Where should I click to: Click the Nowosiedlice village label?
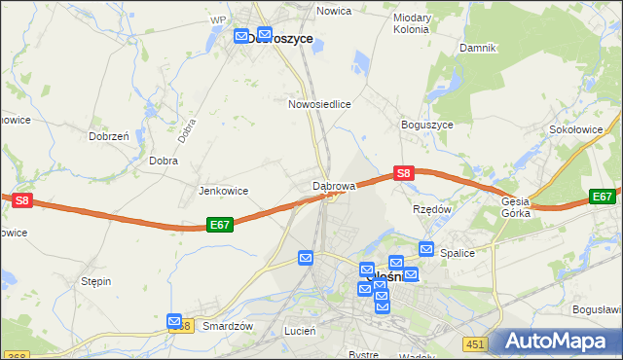[318, 103]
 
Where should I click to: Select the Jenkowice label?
[223, 191]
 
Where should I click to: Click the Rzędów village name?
[433, 208]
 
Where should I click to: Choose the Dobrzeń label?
[109, 137]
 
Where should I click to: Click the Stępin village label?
[95, 281]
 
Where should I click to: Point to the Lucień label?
[299, 331]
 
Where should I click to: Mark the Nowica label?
[334, 11]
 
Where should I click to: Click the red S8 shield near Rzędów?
[404, 173]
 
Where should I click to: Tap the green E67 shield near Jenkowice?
[220, 224]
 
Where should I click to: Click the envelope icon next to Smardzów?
[174, 320]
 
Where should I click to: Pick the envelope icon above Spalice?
[425, 248]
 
